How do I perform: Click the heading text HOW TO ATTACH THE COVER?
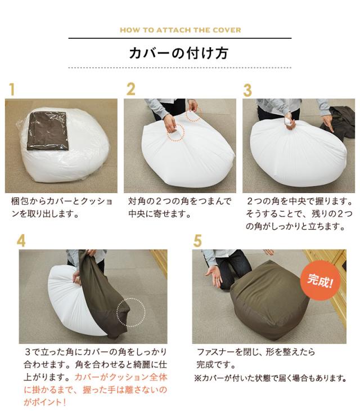click(179, 30)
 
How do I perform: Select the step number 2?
click(130, 89)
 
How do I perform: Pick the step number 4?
click(21, 240)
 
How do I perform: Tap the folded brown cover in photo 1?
click(48, 129)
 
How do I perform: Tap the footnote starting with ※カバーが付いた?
click(270, 378)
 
